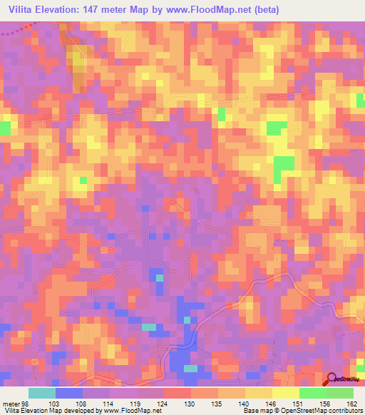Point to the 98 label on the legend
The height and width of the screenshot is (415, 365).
click(25, 403)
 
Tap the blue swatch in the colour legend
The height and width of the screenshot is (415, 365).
click(68, 393)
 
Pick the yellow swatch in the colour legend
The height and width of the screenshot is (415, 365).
click(285, 393)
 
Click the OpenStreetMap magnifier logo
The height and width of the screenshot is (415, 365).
click(331, 379)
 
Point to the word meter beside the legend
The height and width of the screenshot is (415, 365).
click(10, 403)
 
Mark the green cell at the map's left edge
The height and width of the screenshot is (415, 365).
click(5, 128)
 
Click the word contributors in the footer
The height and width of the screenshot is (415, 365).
click(342, 411)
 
